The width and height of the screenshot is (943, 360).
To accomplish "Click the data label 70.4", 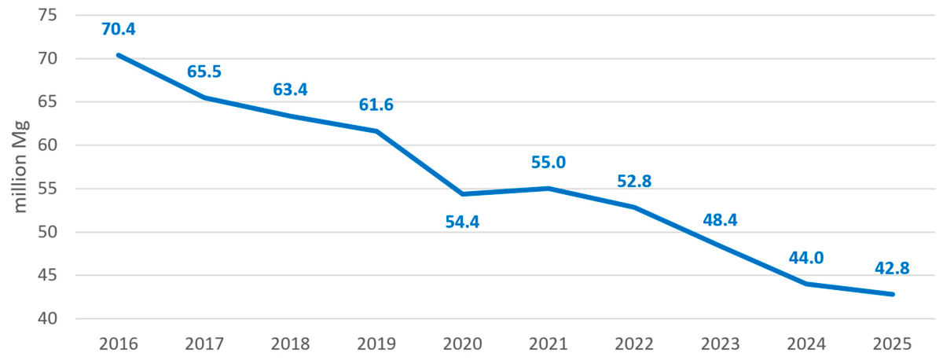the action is tap(119, 29).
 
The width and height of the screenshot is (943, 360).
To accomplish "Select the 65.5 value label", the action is tap(204, 72).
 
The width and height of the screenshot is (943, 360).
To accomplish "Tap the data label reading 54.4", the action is tap(462, 222).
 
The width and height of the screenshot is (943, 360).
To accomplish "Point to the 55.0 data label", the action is tap(549, 162).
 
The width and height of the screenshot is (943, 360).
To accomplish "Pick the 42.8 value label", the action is tap(892, 268).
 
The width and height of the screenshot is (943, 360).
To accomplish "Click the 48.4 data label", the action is tap(720, 220).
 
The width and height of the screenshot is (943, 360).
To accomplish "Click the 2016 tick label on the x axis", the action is tap(119, 344).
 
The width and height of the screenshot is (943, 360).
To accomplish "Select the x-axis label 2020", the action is tap(462, 344).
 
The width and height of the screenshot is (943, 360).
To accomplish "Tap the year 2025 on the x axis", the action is tap(892, 344).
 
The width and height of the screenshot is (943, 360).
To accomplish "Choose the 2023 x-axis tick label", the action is tap(720, 344).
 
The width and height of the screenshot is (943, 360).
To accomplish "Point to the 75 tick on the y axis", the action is tap(47, 15).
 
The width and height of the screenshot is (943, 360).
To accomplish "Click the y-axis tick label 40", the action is tap(47, 319).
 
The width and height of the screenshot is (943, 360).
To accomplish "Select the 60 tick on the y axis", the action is tap(47, 145).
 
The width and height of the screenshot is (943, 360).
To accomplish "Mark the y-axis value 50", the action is tap(47, 232).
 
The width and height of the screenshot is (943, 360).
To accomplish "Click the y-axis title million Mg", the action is tap(20, 167).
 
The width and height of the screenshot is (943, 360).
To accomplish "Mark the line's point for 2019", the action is tap(376, 131).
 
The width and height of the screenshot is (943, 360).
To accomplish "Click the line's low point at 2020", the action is tap(462, 193).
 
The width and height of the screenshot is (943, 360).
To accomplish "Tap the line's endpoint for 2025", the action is tap(892, 294).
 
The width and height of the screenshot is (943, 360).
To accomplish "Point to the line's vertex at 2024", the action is tap(806, 284).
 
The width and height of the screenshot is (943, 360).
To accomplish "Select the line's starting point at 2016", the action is tap(119, 55).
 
